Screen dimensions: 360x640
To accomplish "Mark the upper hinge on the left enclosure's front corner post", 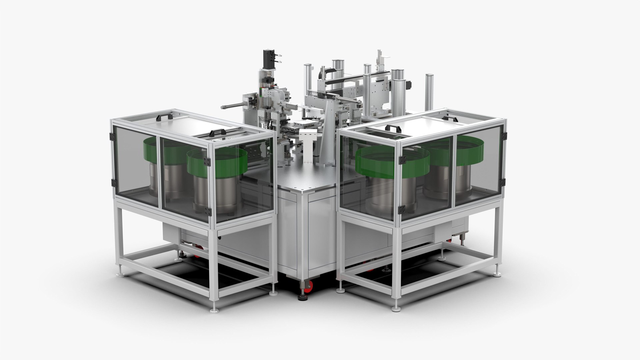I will pyautogui.click(x=207, y=162).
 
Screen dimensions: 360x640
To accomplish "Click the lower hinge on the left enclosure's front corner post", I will pyautogui.click(x=208, y=211).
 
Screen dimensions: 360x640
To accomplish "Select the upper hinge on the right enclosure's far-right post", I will pyautogui.click(x=504, y=135).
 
